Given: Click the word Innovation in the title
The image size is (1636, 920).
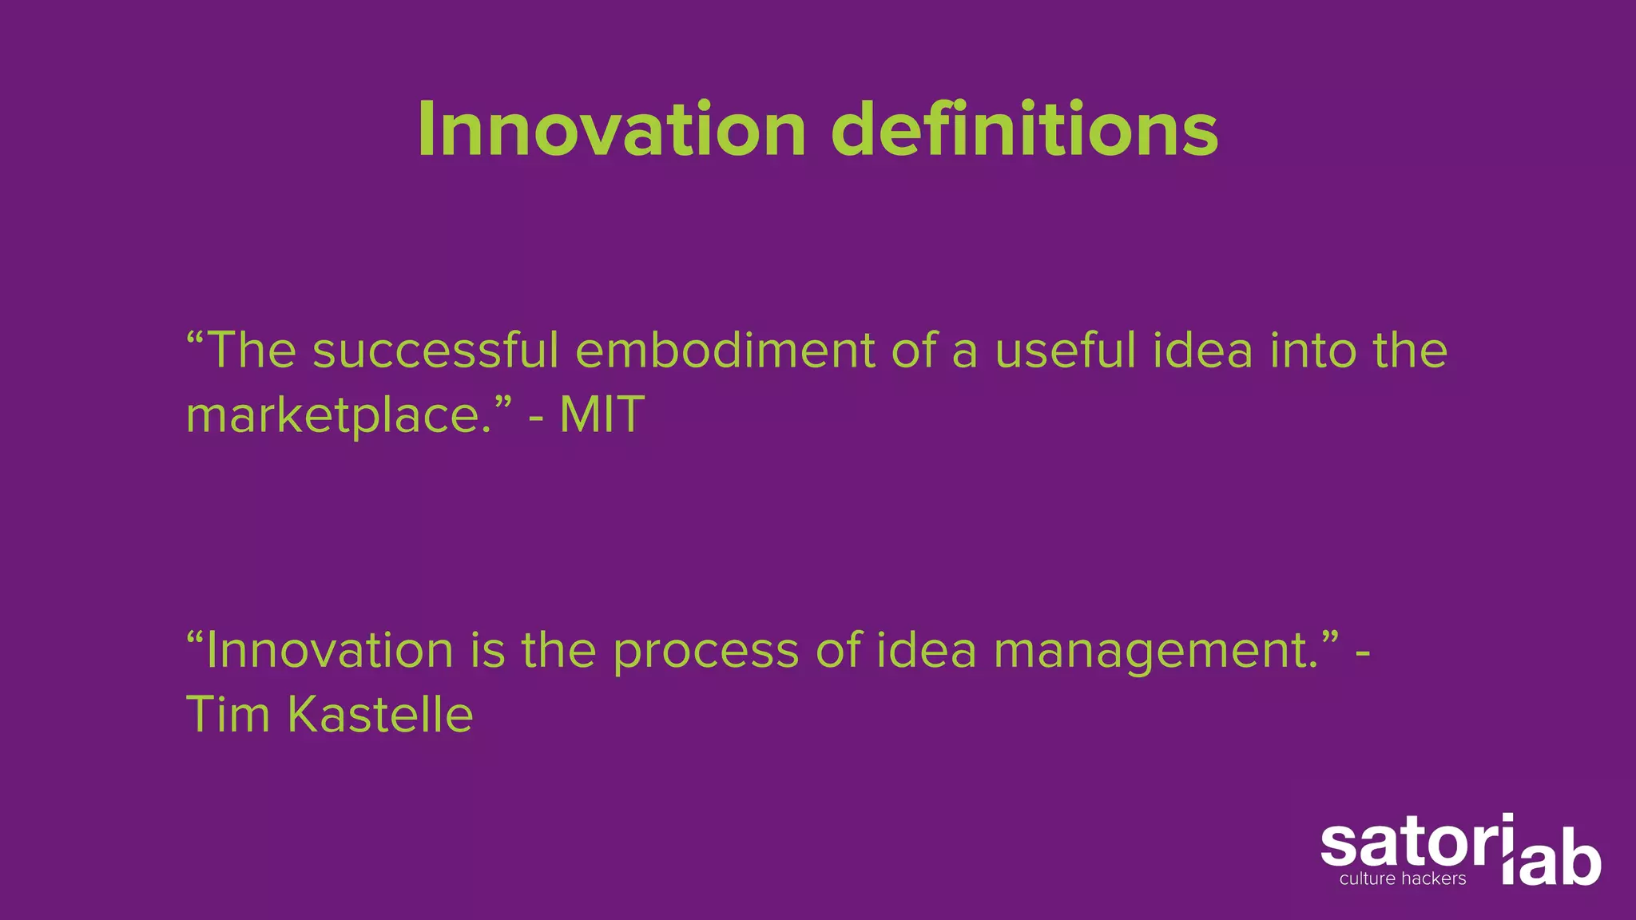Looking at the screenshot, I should [x=611, y=129].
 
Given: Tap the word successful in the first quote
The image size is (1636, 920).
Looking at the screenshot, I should [x=435, y=351].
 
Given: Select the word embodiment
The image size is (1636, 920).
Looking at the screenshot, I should [x=725, y=351].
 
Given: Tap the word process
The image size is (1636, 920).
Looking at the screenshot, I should [x=705, y=652].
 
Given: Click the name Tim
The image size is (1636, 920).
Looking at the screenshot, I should [x=228, y=714].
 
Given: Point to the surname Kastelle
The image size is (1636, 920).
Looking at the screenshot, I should [x=380, y=714].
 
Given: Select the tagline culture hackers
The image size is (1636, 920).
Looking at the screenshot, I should [x=1403, y=879].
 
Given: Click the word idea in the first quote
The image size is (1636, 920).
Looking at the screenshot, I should [x=1203, y=351].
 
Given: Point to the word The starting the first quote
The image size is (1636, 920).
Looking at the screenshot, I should [x=252, y=351].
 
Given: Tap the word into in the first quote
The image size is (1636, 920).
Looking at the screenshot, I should [x=1313, y=351].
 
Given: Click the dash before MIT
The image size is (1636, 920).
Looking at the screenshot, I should [x=537, y=418].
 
